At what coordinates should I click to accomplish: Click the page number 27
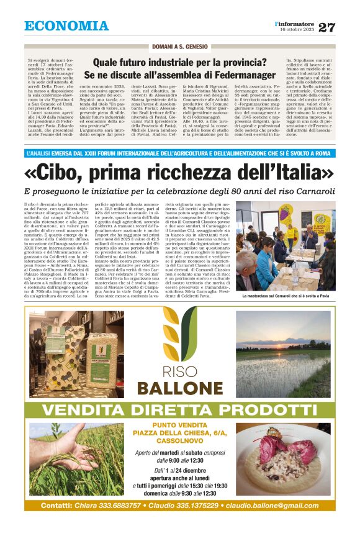point(326,27)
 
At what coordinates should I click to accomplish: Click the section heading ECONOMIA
point(66,26)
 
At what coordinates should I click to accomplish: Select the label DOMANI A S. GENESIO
point(180,47)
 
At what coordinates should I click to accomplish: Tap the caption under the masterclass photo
point(285,296)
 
